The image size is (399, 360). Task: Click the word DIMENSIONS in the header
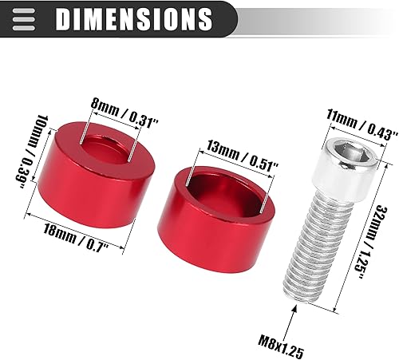pos(135,18)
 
